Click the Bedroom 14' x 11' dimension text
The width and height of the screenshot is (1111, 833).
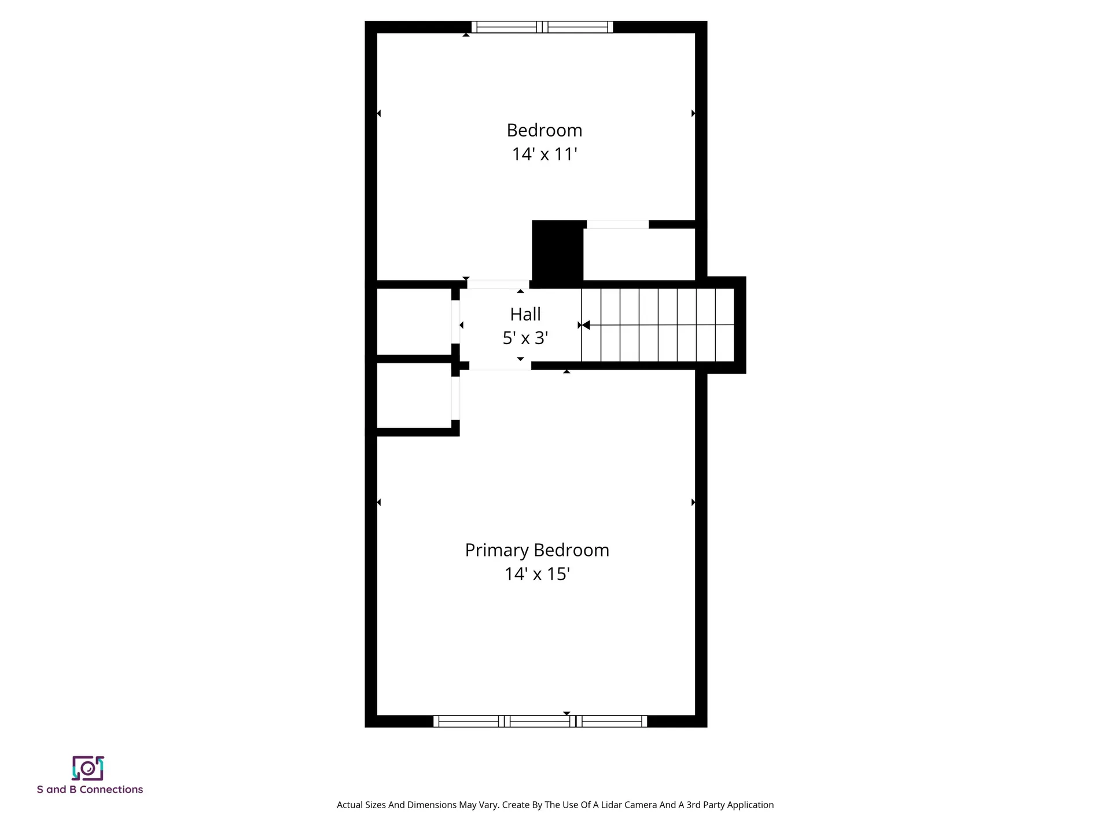(545, 154)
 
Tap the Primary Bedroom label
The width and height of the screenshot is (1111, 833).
(537, 550)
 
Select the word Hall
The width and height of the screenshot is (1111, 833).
(525, 314)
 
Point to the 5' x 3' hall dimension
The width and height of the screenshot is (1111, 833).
(525, 338)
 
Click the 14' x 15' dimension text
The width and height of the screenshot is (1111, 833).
(537, 574)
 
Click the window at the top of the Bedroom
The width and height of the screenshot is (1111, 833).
(542, 27)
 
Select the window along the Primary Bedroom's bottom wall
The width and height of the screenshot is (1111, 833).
(540, 721)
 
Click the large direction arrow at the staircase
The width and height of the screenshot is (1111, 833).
(586, 325)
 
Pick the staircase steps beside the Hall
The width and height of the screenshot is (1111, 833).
(658, 325)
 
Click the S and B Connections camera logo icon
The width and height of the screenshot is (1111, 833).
(88, 768)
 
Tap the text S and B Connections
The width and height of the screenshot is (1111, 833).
(90, 790)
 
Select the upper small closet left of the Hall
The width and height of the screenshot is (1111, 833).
(414, 322)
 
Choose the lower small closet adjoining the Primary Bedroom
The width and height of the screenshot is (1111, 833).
(414, 396)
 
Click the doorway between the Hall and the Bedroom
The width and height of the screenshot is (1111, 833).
(498, 284)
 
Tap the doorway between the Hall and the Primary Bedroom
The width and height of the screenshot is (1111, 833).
(500, 366)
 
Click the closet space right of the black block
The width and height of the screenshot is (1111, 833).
(639, 255)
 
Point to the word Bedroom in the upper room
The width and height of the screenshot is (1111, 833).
(545, 130)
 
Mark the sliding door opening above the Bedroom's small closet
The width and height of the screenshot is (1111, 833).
(617, 224)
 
